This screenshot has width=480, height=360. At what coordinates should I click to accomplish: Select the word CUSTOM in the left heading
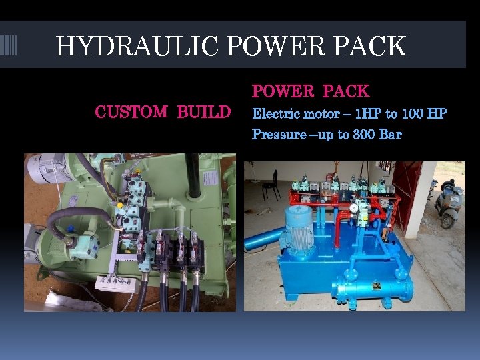[x=131, y=111]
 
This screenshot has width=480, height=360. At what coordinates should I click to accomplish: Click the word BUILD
[x=203, y=111]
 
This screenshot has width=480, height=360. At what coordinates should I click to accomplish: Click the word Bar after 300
[x=390, y=135]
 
